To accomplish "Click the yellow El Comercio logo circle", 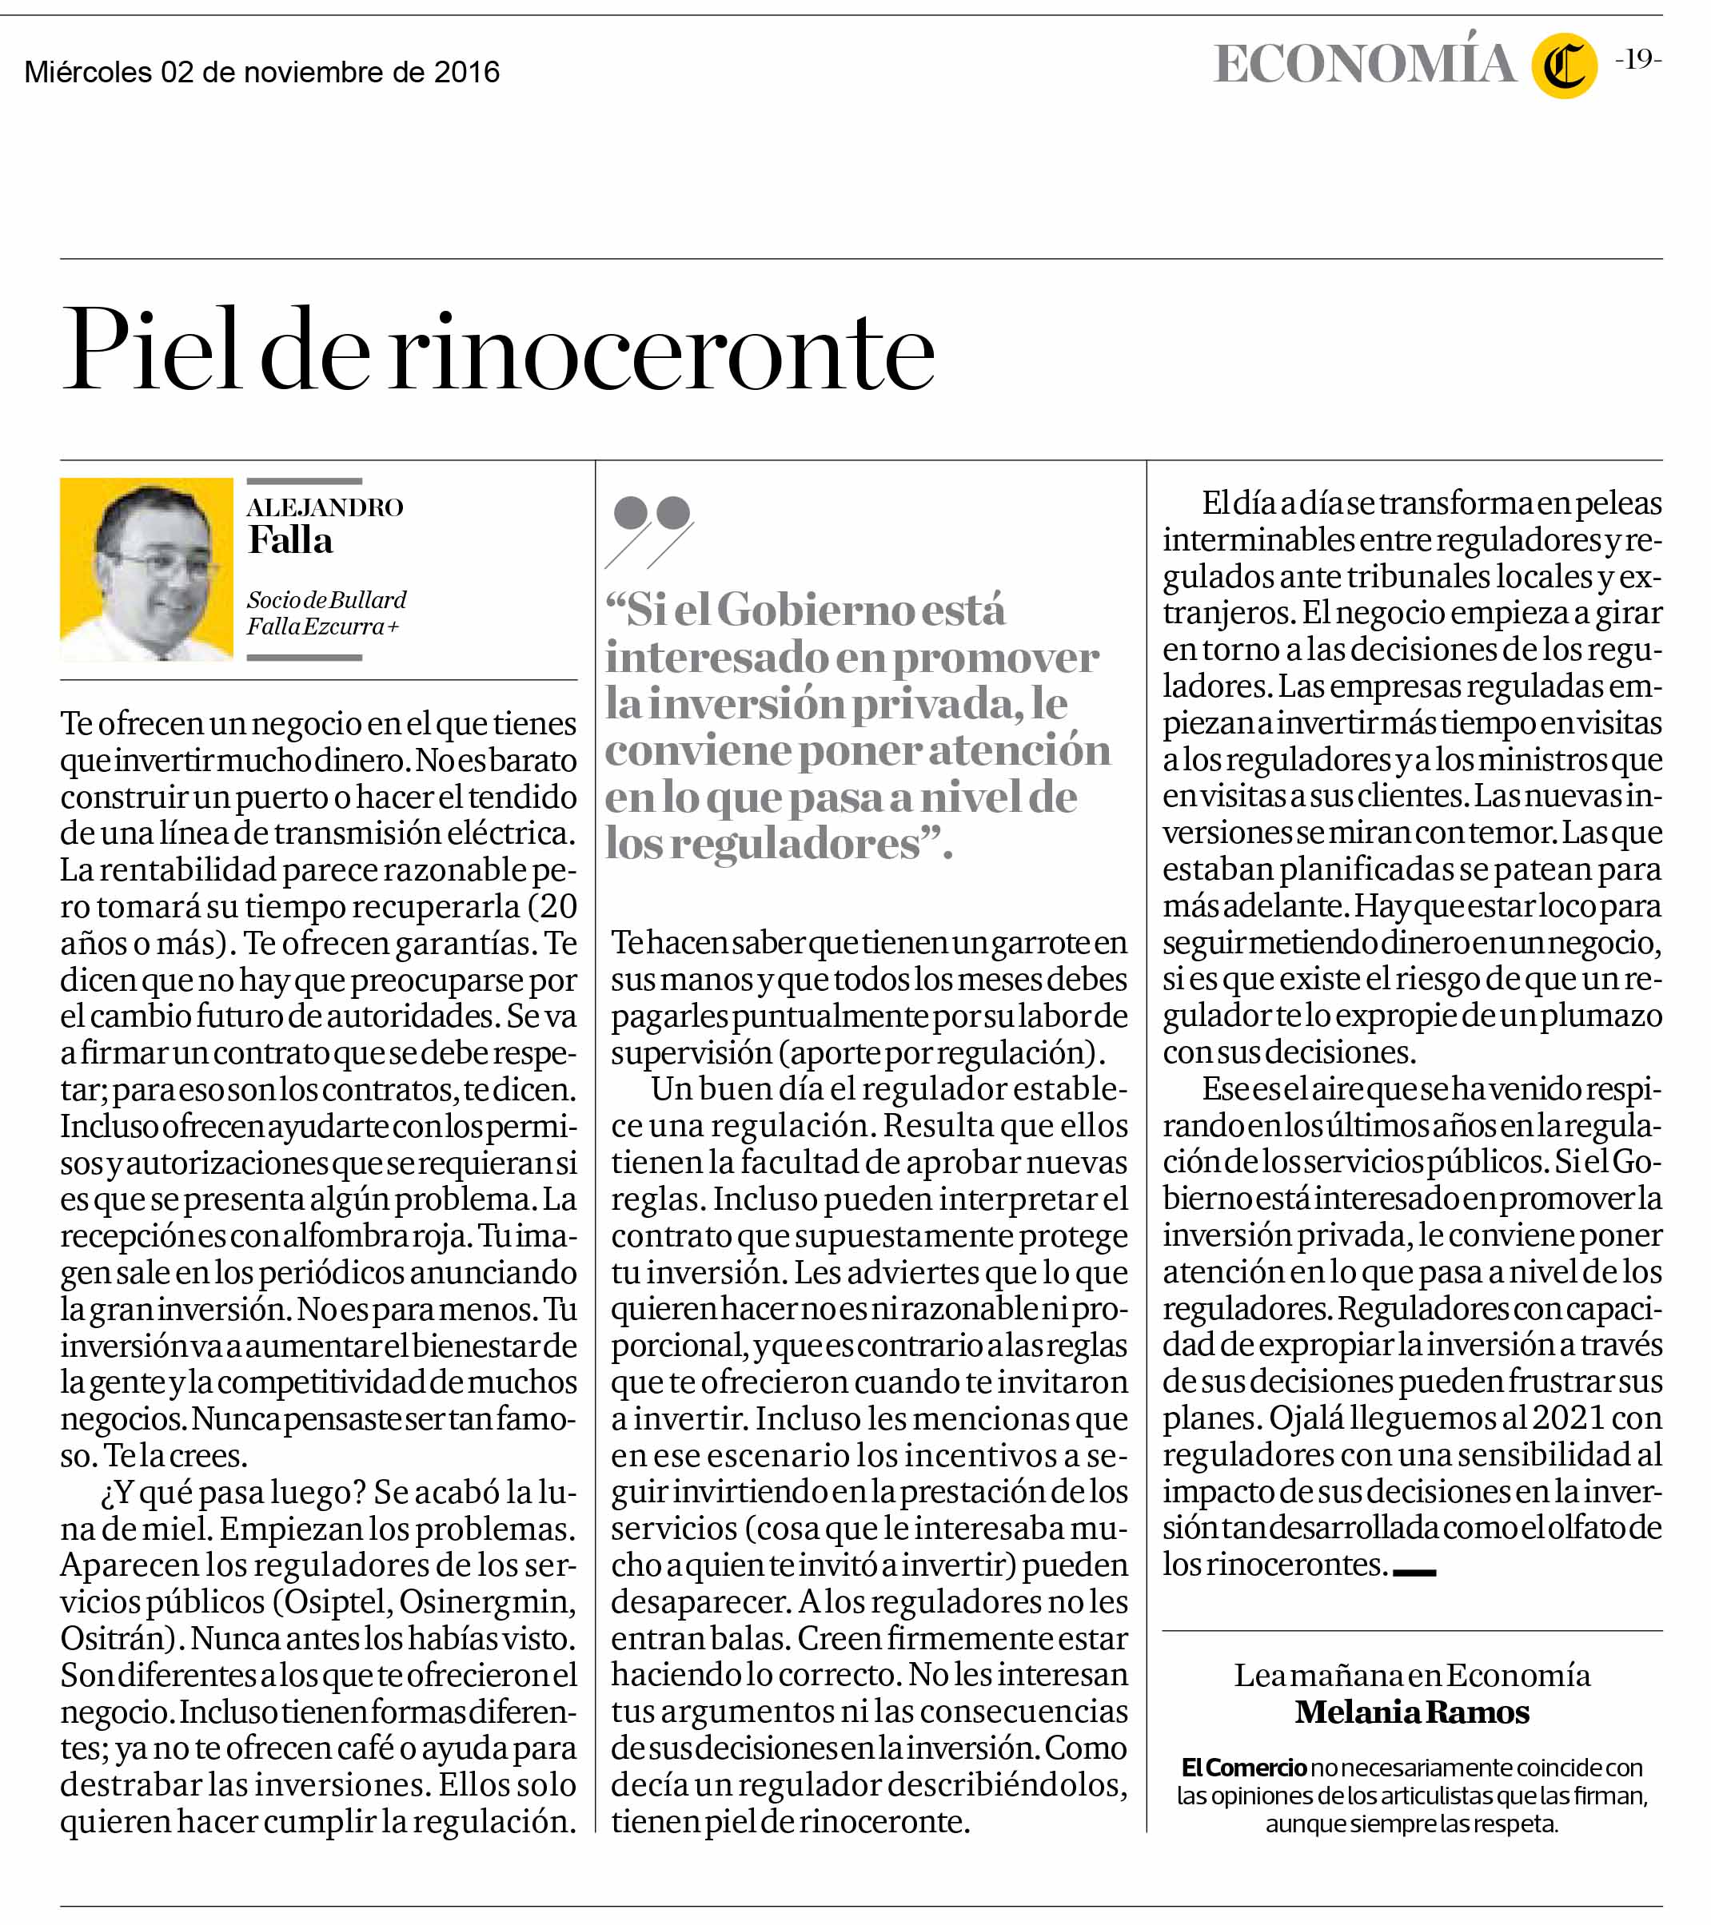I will [1563, 66].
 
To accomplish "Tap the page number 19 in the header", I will [1637, 59].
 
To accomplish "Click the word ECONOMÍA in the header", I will [1364, 64].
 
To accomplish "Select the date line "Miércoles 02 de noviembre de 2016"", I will [262, 73].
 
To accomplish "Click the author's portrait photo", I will [146, 570].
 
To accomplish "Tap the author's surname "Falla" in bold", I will [290, 542].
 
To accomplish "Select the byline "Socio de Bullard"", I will [326, 600].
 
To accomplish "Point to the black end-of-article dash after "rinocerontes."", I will [1414, 1572].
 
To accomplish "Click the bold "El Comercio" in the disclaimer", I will [1244, 1768].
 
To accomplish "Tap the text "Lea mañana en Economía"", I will [1411, 1676].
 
